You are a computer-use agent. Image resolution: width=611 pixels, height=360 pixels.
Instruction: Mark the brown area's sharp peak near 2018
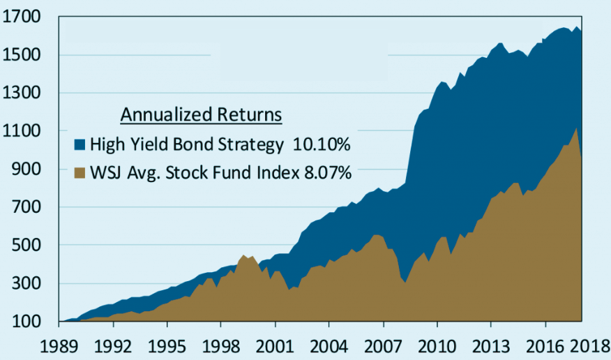coord(575,128)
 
